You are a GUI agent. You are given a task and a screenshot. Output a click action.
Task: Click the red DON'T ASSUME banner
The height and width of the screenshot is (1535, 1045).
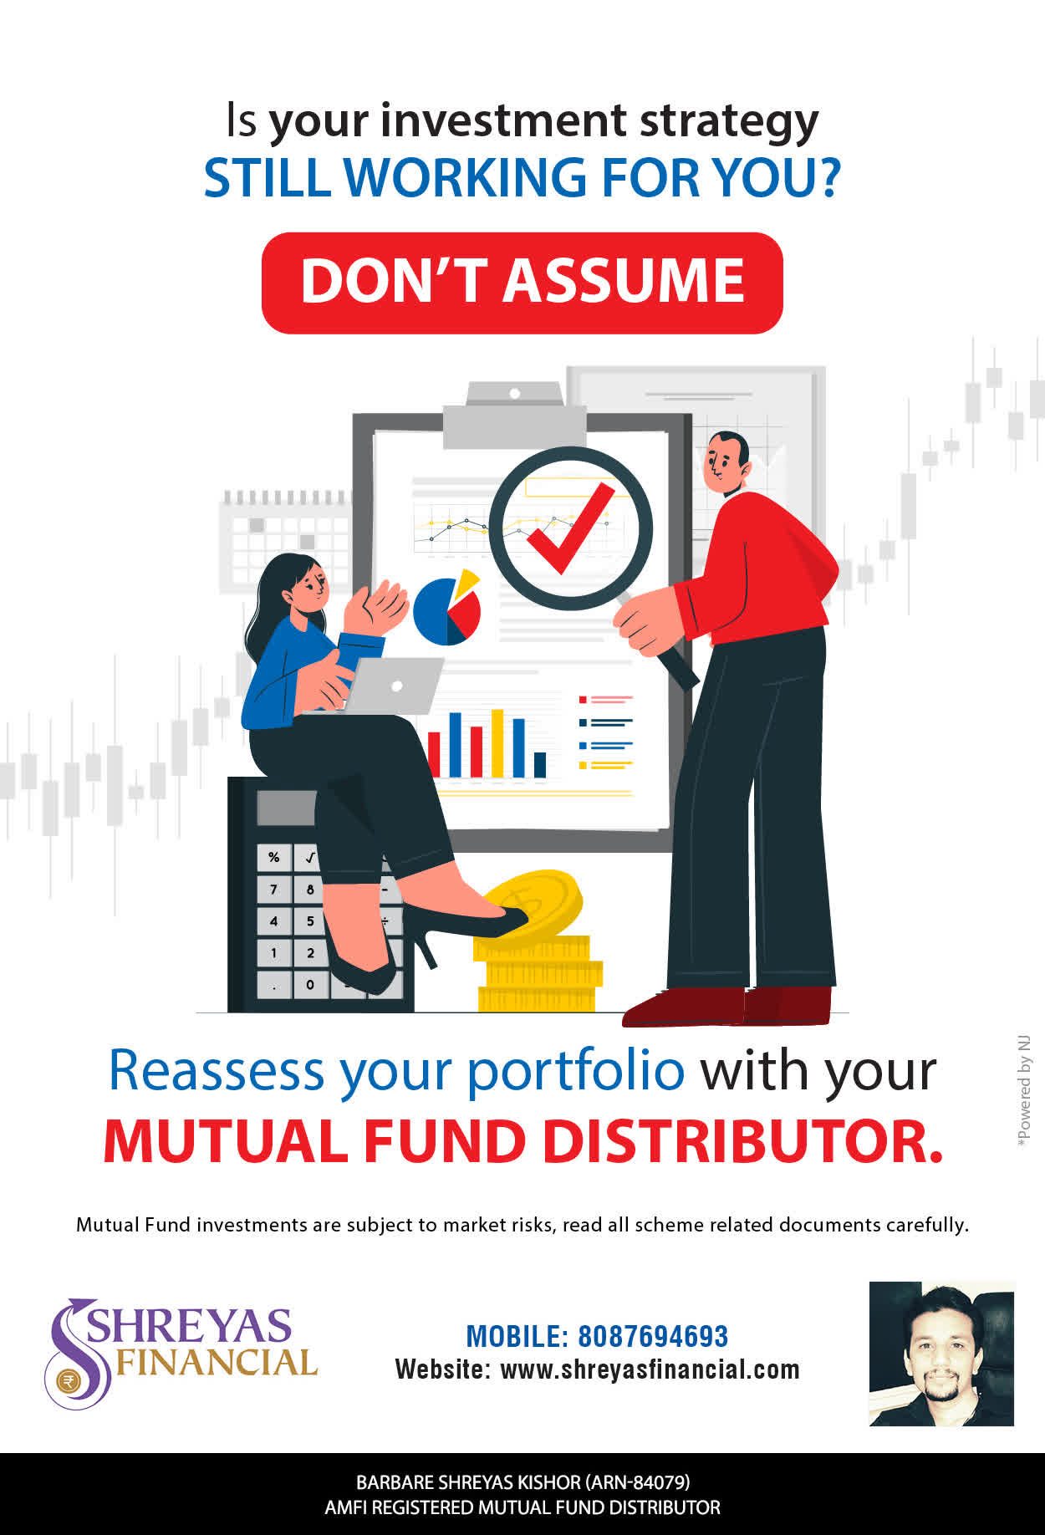coord(522,283)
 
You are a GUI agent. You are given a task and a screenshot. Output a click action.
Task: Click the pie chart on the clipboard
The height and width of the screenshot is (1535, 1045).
coord(447,608)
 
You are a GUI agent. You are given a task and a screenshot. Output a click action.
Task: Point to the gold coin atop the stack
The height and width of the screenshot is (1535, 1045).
coord(532,904)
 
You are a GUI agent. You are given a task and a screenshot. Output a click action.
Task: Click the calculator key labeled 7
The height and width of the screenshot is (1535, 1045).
coord(273,889)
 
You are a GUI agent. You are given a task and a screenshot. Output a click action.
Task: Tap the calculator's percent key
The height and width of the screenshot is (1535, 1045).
coord(273,857)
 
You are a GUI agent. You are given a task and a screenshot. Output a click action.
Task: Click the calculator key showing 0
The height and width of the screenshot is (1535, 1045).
coord(309,984)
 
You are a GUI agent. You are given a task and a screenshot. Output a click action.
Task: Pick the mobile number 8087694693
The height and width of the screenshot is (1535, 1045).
coord(653,1336)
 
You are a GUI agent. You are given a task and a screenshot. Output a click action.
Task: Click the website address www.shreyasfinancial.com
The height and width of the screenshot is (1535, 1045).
coord(650,1369)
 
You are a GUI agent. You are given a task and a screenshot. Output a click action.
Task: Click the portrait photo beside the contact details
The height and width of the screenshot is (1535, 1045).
coord(941,1354)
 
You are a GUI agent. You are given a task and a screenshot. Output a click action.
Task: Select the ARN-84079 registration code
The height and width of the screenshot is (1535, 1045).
coord(637,1482)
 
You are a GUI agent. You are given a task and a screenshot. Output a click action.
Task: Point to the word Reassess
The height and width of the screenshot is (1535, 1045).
coord(217,1070)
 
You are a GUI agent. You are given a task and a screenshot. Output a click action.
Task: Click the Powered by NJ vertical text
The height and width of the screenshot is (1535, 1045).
coord(1023,1091)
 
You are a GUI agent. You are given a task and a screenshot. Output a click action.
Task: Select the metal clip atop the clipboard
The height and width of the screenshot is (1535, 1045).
coord(514,414)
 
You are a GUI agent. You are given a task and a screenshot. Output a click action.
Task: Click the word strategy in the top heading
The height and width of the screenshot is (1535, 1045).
coord(729,122)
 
